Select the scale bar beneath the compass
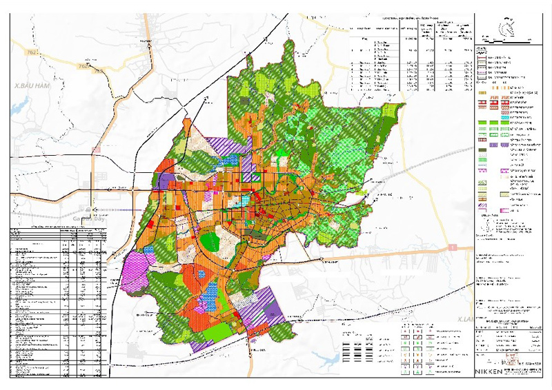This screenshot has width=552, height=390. tap(509, 43)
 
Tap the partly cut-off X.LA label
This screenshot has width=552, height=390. tap(466, 320)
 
